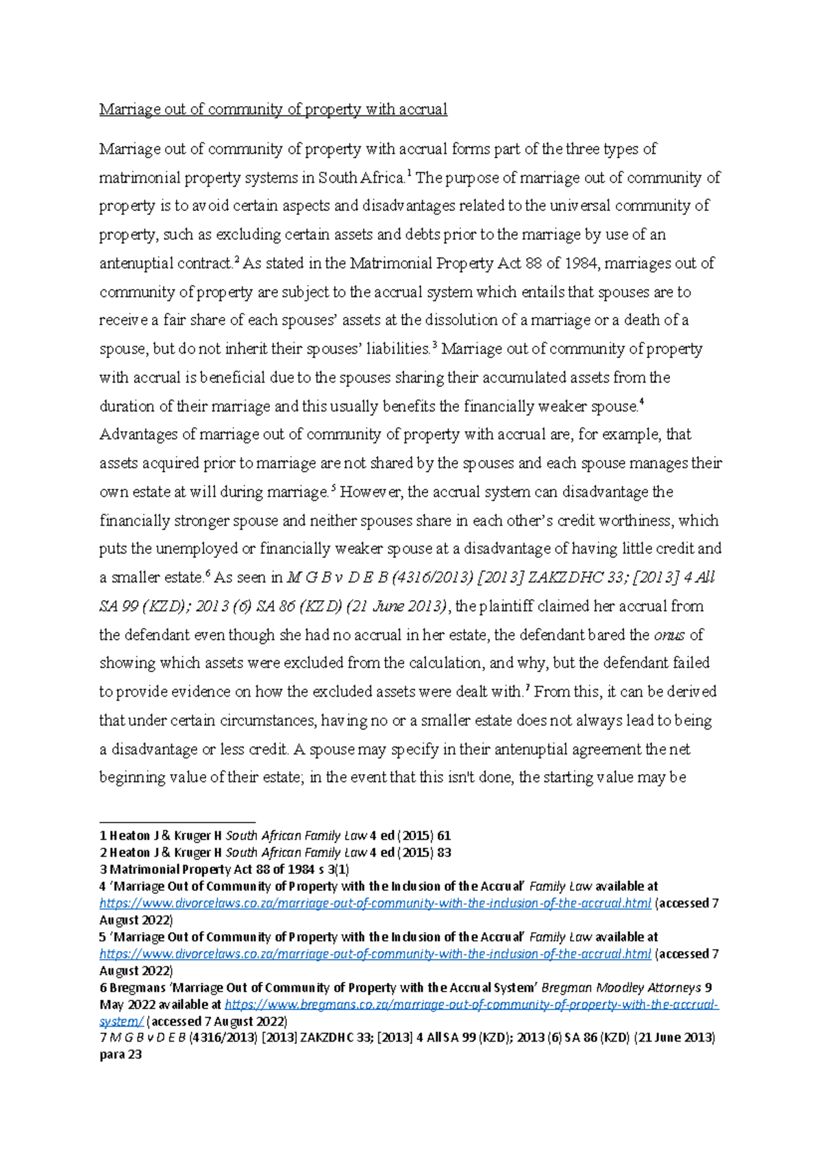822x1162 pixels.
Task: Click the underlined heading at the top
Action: pyautogui.click(x=273, y=109)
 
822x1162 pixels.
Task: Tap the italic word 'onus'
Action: pyautogui.click(x=669, y=636)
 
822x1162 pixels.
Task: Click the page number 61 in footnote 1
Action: pyautogui.click(x=443, y=836)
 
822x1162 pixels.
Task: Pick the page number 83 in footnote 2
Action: pyautogui.click(x=443, y=853)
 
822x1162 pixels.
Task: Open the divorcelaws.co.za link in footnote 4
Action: pyautogui.click(x=375, y=903)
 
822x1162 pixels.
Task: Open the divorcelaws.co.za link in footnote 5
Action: pyautogui.click(x=375, y=954)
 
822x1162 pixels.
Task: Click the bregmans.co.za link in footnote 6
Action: pyautogui.click(x=471, y=1005)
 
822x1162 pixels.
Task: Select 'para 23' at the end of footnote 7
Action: pyautogui.click(x=121, y=1055)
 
